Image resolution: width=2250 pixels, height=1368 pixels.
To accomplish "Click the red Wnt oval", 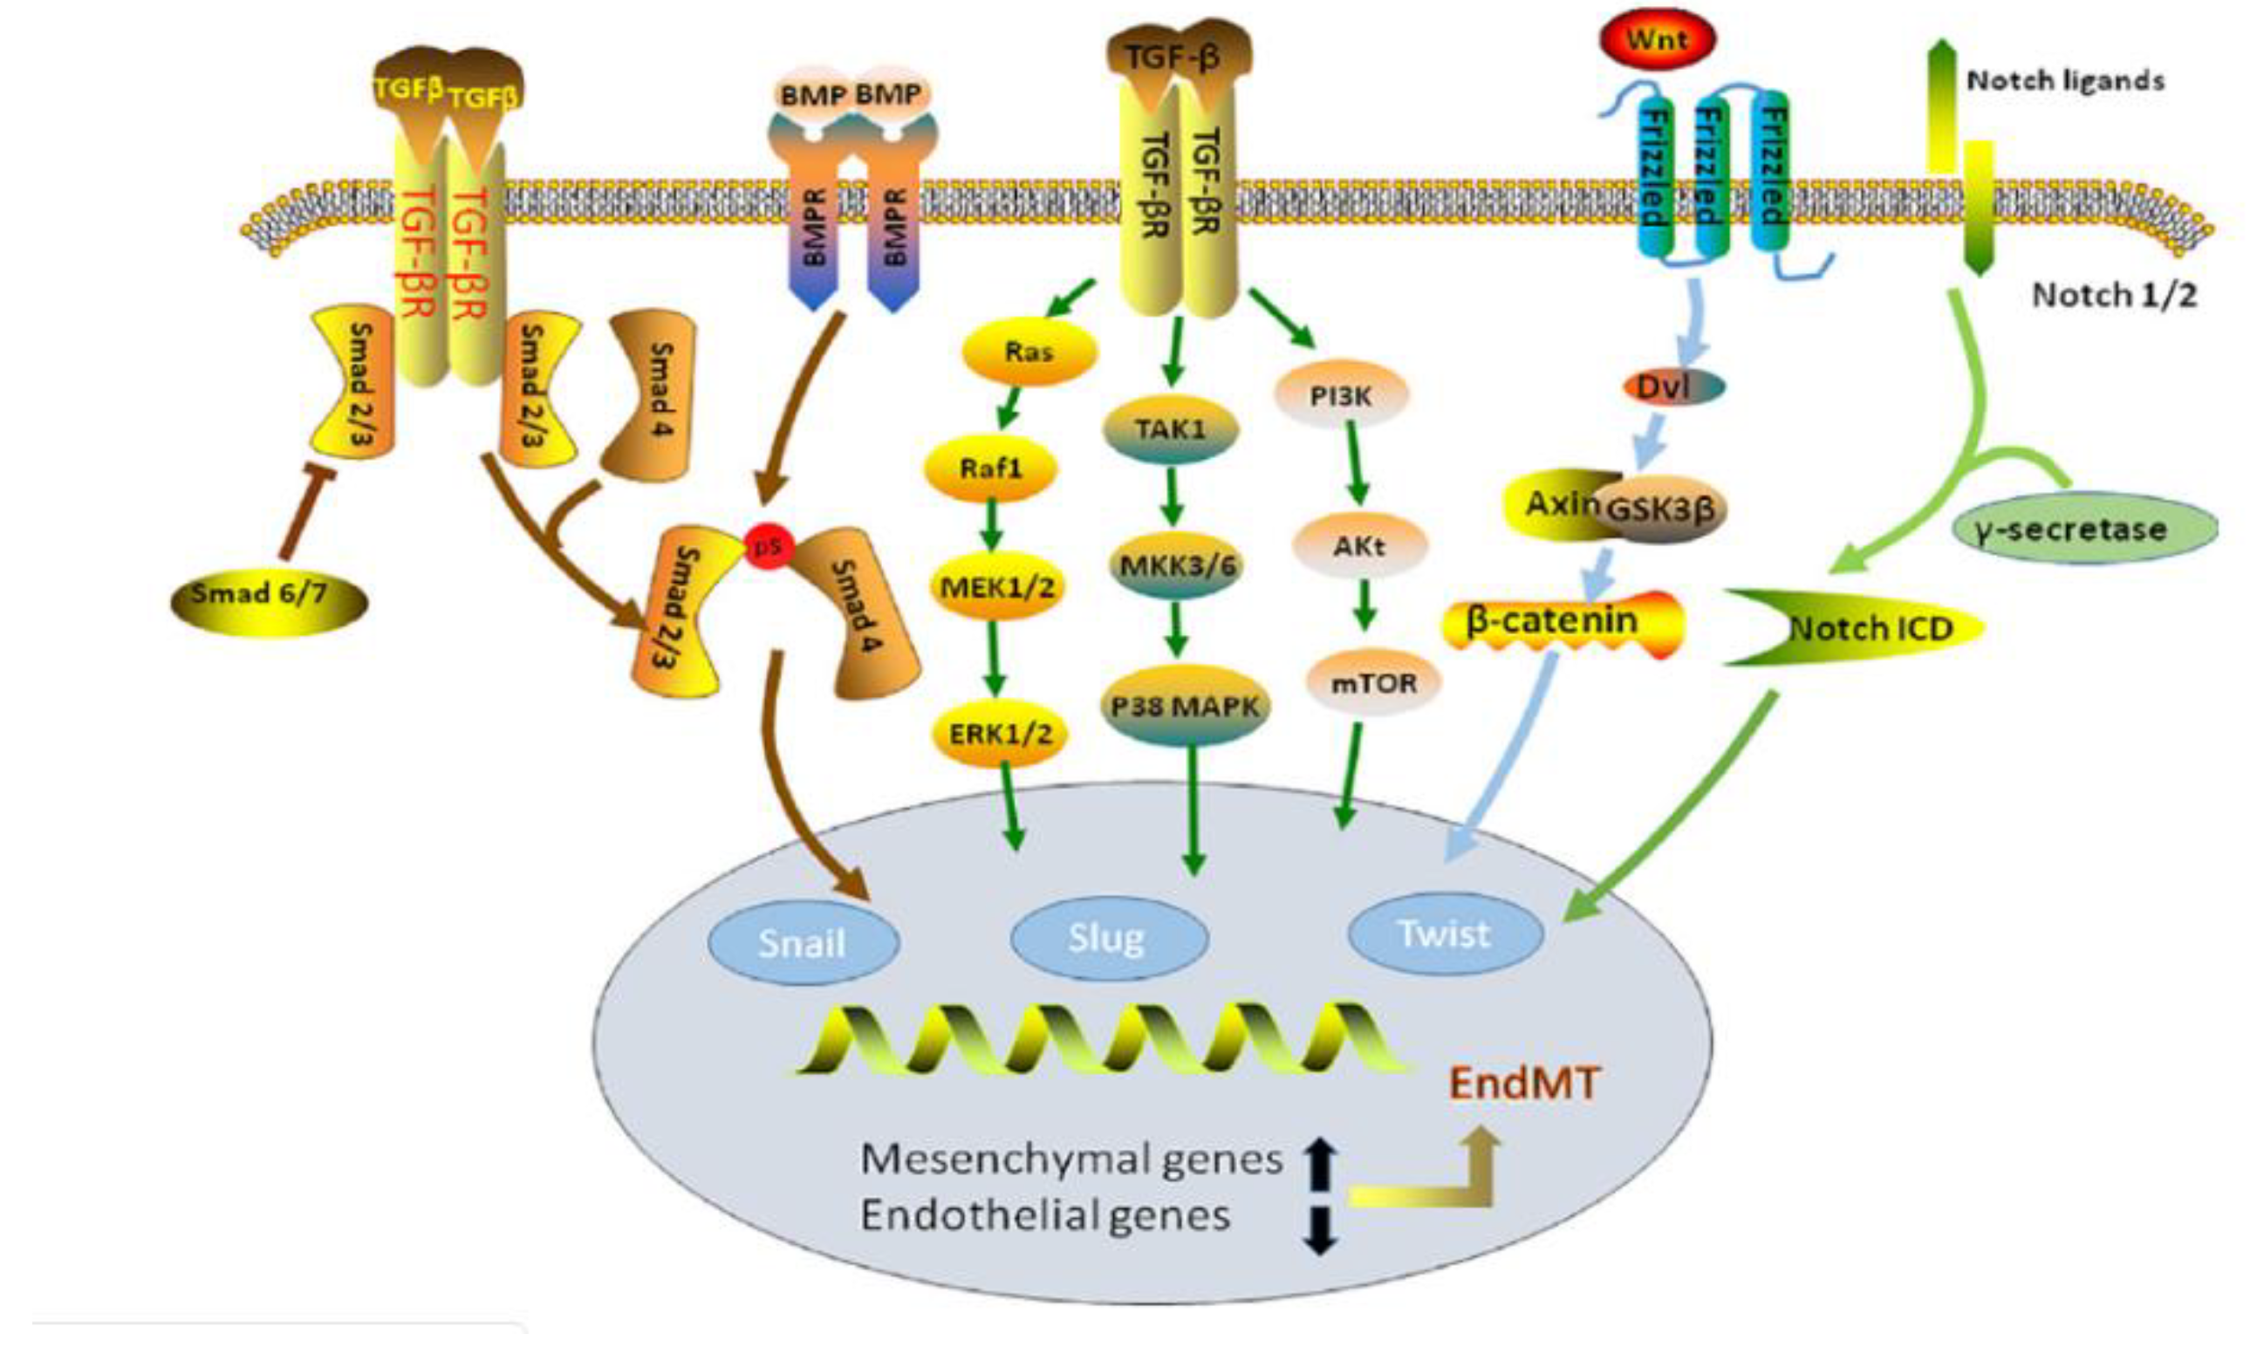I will (x=1658, y=40).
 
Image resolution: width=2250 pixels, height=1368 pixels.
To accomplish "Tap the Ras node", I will (x=1029, y=352).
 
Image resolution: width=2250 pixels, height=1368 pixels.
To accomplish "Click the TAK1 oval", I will (x=1172, y=428).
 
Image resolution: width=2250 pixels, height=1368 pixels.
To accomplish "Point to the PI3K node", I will (x=1342, y=396).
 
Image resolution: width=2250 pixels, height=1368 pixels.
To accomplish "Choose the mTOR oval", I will (x=1373, y=683).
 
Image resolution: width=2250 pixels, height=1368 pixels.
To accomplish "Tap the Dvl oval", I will (x=1673, y=387).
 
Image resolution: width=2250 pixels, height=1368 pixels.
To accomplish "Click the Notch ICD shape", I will (x=1863, y=628).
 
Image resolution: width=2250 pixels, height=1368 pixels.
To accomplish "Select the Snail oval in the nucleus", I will (x=803, y=942).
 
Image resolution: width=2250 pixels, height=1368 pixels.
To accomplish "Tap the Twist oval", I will (x=1445, y=934).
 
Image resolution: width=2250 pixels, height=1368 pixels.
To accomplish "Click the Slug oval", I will (x=1109, y=938).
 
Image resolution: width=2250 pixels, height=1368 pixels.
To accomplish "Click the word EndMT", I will (x=1524, y=1084).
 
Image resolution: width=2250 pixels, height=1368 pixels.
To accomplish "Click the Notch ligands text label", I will (x=2065, y=81).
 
